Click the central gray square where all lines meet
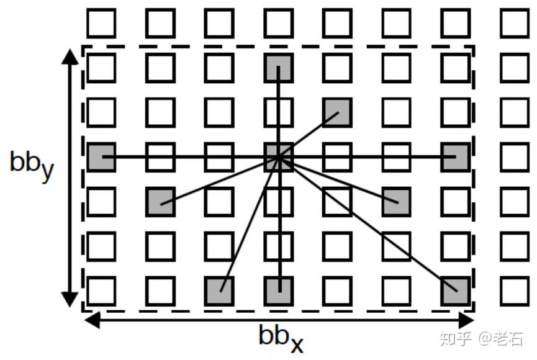click(279, 157)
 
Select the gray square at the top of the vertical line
click(278, 68)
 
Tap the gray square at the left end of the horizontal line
click(101, 157)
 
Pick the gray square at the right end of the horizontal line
click(456, 157)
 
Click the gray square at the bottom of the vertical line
click(279, 290)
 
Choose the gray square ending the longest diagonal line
click(456, 290)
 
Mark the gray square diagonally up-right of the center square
click(337, 112)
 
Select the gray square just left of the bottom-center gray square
click(220, 290)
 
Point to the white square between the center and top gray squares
click(278, 112)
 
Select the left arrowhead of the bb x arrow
click(91, 320)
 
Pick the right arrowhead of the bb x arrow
click(466, 320)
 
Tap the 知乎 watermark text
click(454, 338)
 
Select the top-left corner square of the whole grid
click(101, 24)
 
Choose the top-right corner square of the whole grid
click(515, 24)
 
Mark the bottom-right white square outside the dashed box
click(515, 290)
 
